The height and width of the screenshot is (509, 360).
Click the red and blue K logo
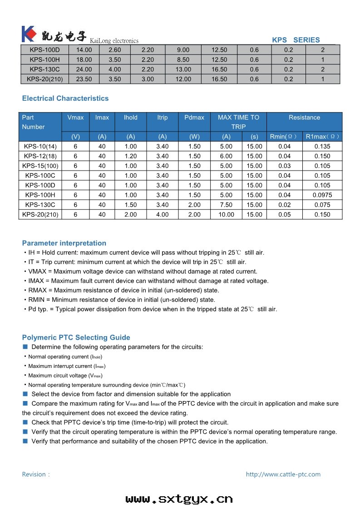28,34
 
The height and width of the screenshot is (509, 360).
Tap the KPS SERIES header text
296,40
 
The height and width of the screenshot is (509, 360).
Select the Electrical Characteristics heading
65,98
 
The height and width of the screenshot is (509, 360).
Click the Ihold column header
130,117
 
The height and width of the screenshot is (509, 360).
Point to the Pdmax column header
194,117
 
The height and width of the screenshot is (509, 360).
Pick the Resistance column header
304,117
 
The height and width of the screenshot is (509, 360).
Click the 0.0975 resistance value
322,195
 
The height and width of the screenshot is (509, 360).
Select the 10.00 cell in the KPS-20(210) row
226,215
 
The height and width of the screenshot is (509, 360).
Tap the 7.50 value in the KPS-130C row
226,205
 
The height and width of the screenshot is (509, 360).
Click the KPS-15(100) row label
40,166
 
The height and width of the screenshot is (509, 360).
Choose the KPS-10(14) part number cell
40,147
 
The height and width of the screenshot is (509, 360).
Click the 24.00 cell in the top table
84,69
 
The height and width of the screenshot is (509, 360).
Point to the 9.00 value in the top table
183,50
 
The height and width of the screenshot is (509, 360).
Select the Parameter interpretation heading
64,243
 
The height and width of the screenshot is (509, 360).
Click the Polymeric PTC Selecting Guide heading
76,338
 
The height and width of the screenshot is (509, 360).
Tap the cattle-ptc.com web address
283,475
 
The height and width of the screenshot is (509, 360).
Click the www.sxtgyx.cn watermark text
179,499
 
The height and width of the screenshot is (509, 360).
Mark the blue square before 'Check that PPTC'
25,422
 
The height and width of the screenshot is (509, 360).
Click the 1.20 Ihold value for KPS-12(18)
130,156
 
